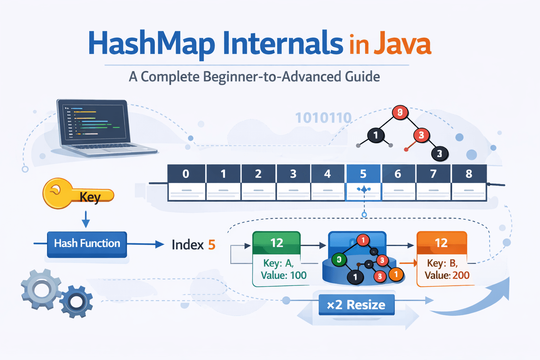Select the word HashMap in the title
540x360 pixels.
(x=151, y=44)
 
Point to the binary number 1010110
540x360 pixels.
(x=323, y=118)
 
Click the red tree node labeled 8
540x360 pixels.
(x=400, y=112)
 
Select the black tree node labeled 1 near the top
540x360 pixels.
(x=376, y=135)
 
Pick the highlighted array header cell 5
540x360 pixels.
(x=363, y=174)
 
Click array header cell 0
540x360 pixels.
(x=186, y=174)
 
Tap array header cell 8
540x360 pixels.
(x=469, y=174)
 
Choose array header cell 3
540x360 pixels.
(x=293, y=174)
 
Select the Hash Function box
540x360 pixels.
(x=87, y=244)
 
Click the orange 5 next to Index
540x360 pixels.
(x=212, y=245)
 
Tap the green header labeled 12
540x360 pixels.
(x=277, y=243)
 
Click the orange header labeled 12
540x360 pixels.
(x=441, y=243)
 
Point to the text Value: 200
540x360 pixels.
(x=447, y=275)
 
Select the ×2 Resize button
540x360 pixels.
(x=356, y=304)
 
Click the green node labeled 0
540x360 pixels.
(x=339, y=260)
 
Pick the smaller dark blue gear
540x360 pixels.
(x=76, y=302)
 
